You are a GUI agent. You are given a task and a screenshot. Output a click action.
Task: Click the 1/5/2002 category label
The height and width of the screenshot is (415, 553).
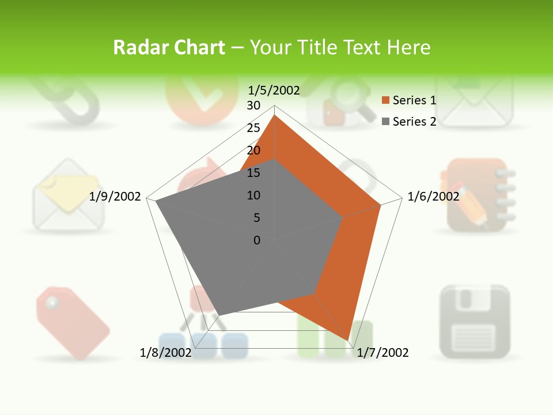pos(274,90)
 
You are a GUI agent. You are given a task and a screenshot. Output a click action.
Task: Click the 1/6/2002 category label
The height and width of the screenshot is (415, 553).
pos(433,197)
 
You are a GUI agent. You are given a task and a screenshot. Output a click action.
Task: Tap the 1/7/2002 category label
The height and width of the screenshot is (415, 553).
pos(382,353)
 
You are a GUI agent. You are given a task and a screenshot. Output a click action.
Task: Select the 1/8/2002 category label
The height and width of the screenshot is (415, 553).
pos(165,353)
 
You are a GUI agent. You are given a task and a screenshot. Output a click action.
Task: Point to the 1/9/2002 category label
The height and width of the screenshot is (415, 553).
pos(115,197)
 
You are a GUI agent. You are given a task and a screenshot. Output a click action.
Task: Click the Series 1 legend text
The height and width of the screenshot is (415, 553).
pos(414,100)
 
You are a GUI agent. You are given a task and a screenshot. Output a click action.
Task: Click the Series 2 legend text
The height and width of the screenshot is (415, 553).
pos(414,121)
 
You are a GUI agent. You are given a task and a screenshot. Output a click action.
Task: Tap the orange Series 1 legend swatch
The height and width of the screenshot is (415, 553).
pos(386,100)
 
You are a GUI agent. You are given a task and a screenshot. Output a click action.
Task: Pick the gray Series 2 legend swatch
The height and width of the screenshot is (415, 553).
pos(386,121)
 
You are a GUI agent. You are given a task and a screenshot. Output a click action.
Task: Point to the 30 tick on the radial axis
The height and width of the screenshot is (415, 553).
pos(253,105)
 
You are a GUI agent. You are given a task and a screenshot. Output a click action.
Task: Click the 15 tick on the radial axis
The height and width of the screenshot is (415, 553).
pos(253,173)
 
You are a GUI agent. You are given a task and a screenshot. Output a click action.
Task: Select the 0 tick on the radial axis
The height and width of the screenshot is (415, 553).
pos(257,240)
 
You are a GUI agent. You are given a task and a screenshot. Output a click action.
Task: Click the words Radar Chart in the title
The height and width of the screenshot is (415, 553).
pos(169,47)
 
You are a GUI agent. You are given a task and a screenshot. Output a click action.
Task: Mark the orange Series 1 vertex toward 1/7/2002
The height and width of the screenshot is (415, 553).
pos(348,339)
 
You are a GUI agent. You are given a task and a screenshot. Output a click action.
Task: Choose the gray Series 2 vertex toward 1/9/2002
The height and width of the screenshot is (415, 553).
pos(156,202)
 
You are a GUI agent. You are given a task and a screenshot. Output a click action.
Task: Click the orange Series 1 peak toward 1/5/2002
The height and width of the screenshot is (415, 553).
pos(275,116)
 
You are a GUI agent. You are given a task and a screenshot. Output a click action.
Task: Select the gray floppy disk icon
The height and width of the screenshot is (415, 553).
pos(475,321)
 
